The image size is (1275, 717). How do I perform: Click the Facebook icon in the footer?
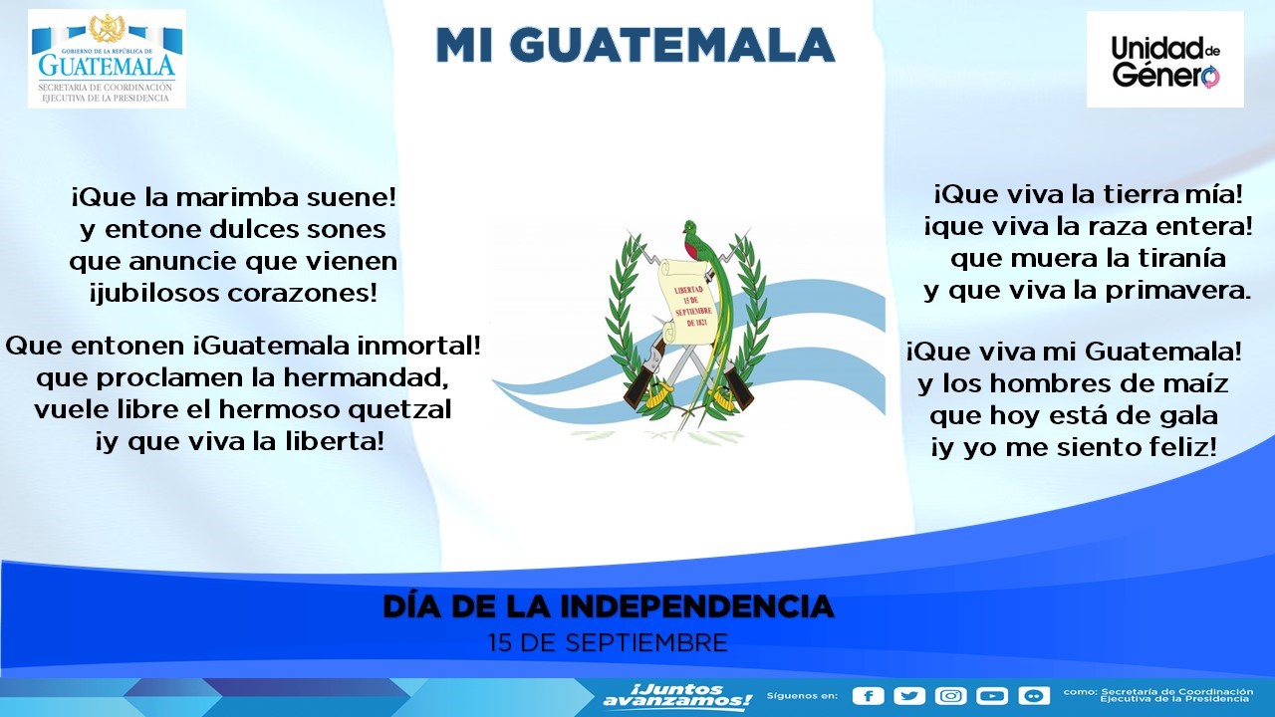pyautogui.click(x=869, y=696)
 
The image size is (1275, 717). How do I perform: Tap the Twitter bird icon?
pyautogui.click(x=909, y=696)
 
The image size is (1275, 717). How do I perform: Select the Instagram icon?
pyautogui.click(x=951, y=696)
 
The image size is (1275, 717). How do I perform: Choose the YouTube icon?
pyautogui.click(x=992, y=696)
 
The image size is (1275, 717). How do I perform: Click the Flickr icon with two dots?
pyautogui.click(x=1033, y=696)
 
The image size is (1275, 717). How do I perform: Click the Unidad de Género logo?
pyautogui.click(x=1164, y=60)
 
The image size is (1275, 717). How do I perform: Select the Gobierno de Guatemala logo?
pyautogui.click(x=107, y=59)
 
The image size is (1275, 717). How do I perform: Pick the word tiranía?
pyautogui.click(x=1169, y=258)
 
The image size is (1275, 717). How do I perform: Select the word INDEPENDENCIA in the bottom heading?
pyautogui.click(x=696, y=605)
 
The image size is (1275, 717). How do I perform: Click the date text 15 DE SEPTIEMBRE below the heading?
pyautogui.click(x=608, y=642)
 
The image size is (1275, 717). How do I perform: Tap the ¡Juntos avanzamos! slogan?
pyautogui.click(x=677, y=696)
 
